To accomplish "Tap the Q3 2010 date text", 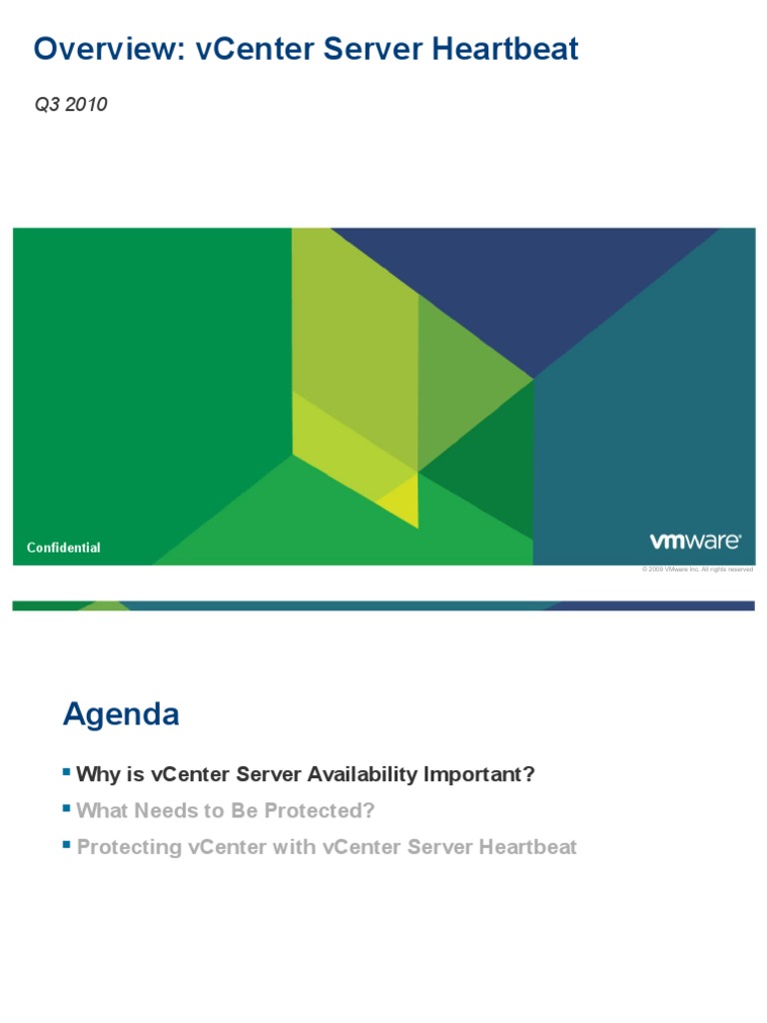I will coord(71,105).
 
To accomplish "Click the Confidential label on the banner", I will coord(63,547).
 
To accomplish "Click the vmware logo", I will coord(695,540).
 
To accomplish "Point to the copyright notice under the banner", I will coord(697,569).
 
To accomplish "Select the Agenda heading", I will coord(121,714).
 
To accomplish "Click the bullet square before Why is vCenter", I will coord(67,771).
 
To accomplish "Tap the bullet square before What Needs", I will coord(67,807).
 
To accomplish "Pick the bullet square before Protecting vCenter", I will coord(67,844).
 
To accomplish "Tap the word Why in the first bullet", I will coord(97,774).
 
